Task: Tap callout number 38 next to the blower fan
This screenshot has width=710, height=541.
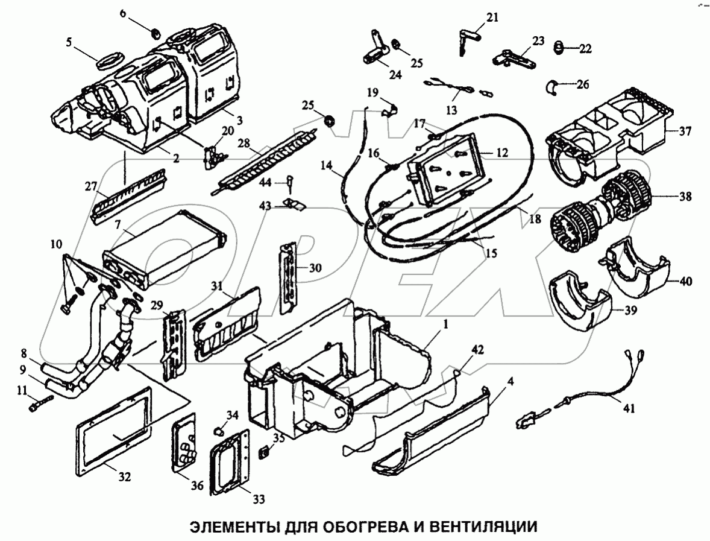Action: pyautogui.click(x=684, y=197)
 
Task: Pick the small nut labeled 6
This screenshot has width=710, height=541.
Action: pyautogui.click(x=154, y=31)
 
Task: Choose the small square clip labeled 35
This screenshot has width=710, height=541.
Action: pyautogui.click(x=264, y=452)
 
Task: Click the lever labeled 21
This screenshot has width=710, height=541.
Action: pyautogui.click(x=465, y=37)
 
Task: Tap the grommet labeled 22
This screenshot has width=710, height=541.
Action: pyautogui.click(x=558, y=45)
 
